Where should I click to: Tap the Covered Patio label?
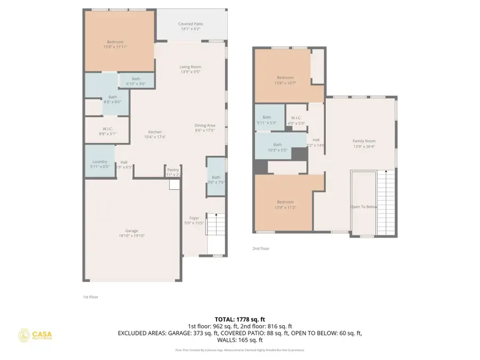pyautogui.click(x=190, y=24)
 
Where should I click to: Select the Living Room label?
pyautogui.click(x=190, y=67)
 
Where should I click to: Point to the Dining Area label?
pyautogui.click(x=205, y=125)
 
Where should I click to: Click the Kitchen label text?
pyautogui.click(x=155, y=132)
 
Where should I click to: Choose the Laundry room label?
pyautogui.click(x=100, y=162)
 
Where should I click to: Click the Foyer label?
pyautogui.click(x=194, y=218)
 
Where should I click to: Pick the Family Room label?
pyautogui.click(x=364, y=141)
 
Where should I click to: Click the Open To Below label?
pyautogui.click(x=364, y=206)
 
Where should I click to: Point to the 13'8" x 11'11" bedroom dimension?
pyautogui.click(x=115, y=47)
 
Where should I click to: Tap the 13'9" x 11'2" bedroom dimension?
pyautogui.click(x=285, y=207)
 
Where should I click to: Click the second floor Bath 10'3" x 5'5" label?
pyautogui.click(x=277, y=145)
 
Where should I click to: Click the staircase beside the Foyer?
pyautogui.click(x=215, y=224)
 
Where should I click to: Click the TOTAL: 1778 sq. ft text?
pyautogui.click(x=239, y=318)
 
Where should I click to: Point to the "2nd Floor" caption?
pyautogui.click(x=261, y=249)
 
